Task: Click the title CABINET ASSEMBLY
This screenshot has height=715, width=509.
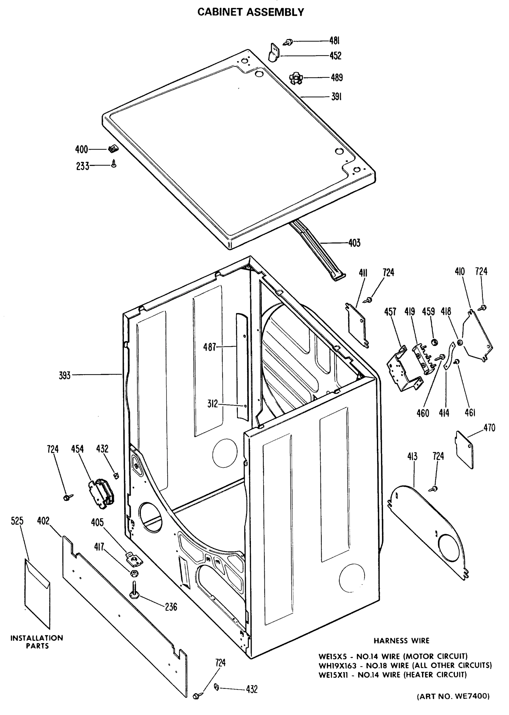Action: tap(250, 12)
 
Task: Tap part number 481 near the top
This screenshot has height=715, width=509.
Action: tap(335, 41)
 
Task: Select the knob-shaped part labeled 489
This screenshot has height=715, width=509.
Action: tap(296, 78)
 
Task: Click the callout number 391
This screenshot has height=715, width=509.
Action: tap(336, 97)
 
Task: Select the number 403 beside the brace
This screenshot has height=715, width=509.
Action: tap(354, 243)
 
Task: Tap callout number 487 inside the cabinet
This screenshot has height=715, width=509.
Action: tap(209, 347)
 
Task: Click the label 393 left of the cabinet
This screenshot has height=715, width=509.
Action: tap(65, 375)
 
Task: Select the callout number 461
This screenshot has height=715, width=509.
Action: tap(470, 413)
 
